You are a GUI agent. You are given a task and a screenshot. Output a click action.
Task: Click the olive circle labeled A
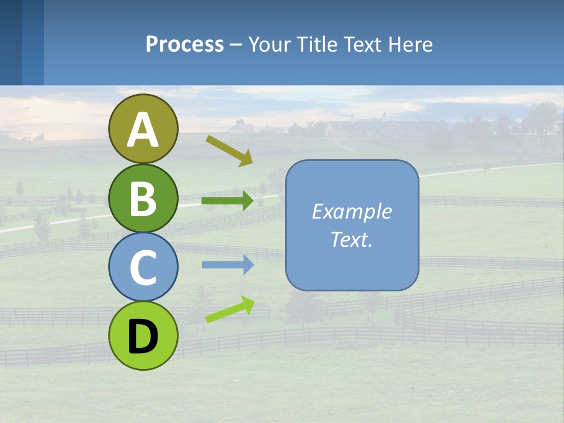pos(143,129)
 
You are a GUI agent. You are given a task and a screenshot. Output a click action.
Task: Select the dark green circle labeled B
pos(143,198)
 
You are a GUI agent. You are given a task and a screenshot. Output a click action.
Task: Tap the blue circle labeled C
pos(143,267)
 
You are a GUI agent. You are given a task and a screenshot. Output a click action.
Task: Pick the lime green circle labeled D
pos(143,335)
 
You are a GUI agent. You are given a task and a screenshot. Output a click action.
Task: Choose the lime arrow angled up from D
pos(230,310)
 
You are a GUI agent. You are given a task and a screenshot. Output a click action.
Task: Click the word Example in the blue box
pos(351,211)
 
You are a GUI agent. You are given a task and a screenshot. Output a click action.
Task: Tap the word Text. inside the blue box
pos(351,239)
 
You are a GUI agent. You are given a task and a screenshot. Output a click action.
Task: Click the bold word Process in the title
pos(184,44)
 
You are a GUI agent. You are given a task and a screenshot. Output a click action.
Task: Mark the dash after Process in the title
pos(236,45)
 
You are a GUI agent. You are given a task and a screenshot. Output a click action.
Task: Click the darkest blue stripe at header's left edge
pos(11,42)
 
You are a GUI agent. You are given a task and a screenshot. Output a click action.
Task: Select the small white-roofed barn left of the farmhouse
pos(240,127)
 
